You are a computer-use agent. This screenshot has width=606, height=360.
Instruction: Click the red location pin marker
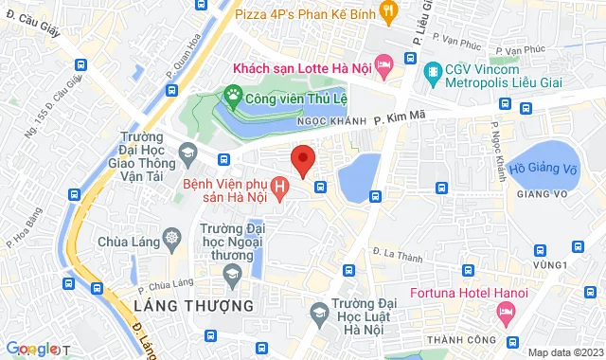[x=302, y=159]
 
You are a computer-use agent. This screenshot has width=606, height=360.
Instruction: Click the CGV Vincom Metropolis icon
[x=433, y=71]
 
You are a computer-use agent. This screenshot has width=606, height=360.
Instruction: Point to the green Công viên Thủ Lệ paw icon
[x=233, y=95]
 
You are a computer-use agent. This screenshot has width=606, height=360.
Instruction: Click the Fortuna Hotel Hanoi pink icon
[x=504, y=310]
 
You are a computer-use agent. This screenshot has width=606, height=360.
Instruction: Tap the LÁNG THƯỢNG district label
[x=194, y=306]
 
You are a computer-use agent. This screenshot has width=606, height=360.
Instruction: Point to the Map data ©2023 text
[x=564, y=352]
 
